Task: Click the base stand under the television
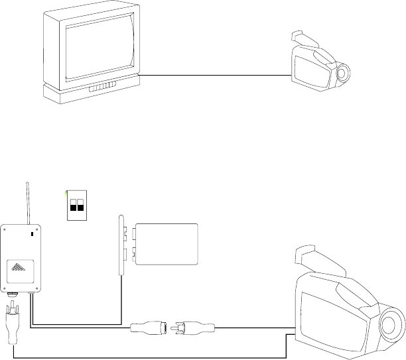pos(92,95)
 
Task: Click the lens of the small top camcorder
pos(343,74)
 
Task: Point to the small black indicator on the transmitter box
pos(33,234)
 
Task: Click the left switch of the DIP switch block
pos(74,204)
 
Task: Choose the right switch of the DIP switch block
pos(82,204)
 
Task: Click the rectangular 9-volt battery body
pos(167,244)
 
